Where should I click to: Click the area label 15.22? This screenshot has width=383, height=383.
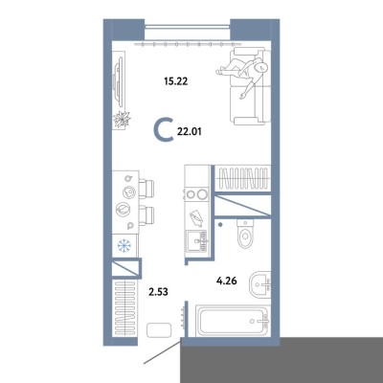(176, 81)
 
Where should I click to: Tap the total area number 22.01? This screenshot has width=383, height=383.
(190, 131)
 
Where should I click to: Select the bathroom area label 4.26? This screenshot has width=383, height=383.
(227, 282)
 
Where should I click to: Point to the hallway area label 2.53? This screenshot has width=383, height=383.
(158, 291)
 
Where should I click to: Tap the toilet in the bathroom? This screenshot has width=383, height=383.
(245, 234)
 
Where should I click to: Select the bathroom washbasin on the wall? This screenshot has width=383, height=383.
(260, 283)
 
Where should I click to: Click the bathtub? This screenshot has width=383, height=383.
(232, 321)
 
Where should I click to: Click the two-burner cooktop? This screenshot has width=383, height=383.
(196, 194)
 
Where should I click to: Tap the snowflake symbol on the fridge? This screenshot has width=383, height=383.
(124, 245)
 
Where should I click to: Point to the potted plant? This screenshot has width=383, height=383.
(122, 120)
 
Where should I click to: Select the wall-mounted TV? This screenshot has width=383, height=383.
(119, 81)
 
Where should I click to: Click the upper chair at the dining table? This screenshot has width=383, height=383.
(146, 189)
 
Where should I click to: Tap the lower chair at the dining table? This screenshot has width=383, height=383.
(146, 215)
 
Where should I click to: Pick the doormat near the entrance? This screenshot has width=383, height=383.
(159, 329)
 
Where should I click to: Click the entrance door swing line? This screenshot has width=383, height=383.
(162, 351)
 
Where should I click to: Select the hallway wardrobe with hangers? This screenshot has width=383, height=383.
(124, 307)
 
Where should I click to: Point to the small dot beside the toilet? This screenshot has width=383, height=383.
(220, 225)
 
